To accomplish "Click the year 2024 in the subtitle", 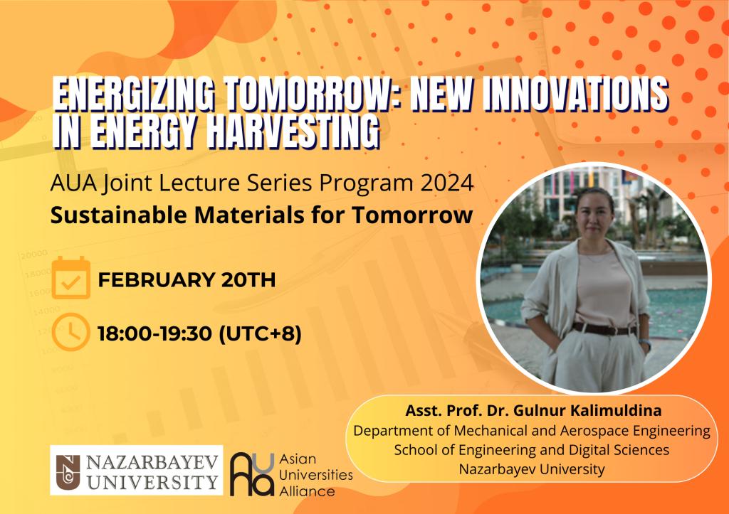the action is (x=447, y=183).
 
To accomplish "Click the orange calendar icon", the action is (x=70, y=278).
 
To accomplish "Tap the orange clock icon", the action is (x=70, y=332).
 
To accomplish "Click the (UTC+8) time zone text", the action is (x=260, y=333).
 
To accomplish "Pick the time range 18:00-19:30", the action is (x=154, y=333).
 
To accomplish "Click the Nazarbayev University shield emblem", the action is (x=68, y=471).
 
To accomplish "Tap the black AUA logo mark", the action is (x=253, y=474).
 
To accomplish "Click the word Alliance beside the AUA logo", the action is (x=307, y=491).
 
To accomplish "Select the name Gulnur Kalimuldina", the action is (x=587, y=410).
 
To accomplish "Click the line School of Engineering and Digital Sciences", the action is (x=531, y=450).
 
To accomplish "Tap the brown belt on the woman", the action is (x=604, y=329).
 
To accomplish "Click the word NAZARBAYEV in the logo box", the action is (x=152, y=463).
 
